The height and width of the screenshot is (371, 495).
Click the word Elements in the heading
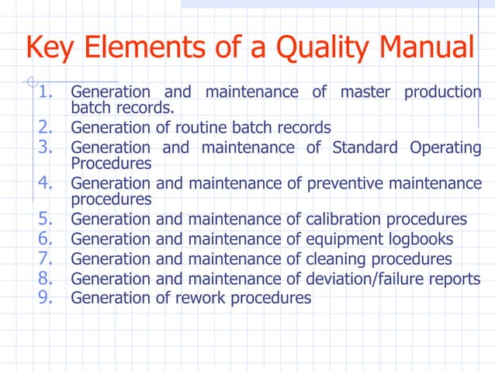tap(147, 48)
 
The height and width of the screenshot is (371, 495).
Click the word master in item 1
tap(360, 92)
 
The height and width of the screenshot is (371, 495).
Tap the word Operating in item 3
tap(445, 147)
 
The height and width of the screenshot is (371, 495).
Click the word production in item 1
tap(442, 92)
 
